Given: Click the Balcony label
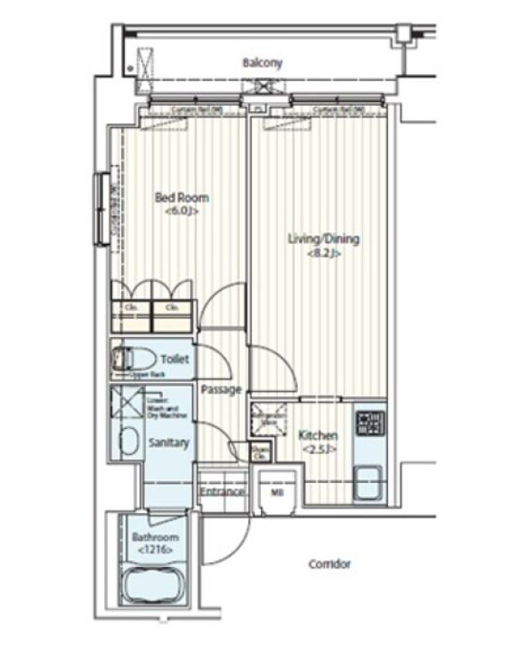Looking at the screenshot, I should click(262, 63).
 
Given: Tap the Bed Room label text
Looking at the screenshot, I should click(181, 197).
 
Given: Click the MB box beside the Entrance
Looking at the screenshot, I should click(276, 492).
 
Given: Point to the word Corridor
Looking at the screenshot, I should click(329, 564).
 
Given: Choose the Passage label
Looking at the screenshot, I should click(221, 389).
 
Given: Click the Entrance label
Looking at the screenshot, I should click(223, 492).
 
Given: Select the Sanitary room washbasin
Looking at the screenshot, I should click(128, 441).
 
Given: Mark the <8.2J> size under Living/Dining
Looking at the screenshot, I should click(323, 253).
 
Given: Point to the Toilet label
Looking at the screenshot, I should click(173, 360).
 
